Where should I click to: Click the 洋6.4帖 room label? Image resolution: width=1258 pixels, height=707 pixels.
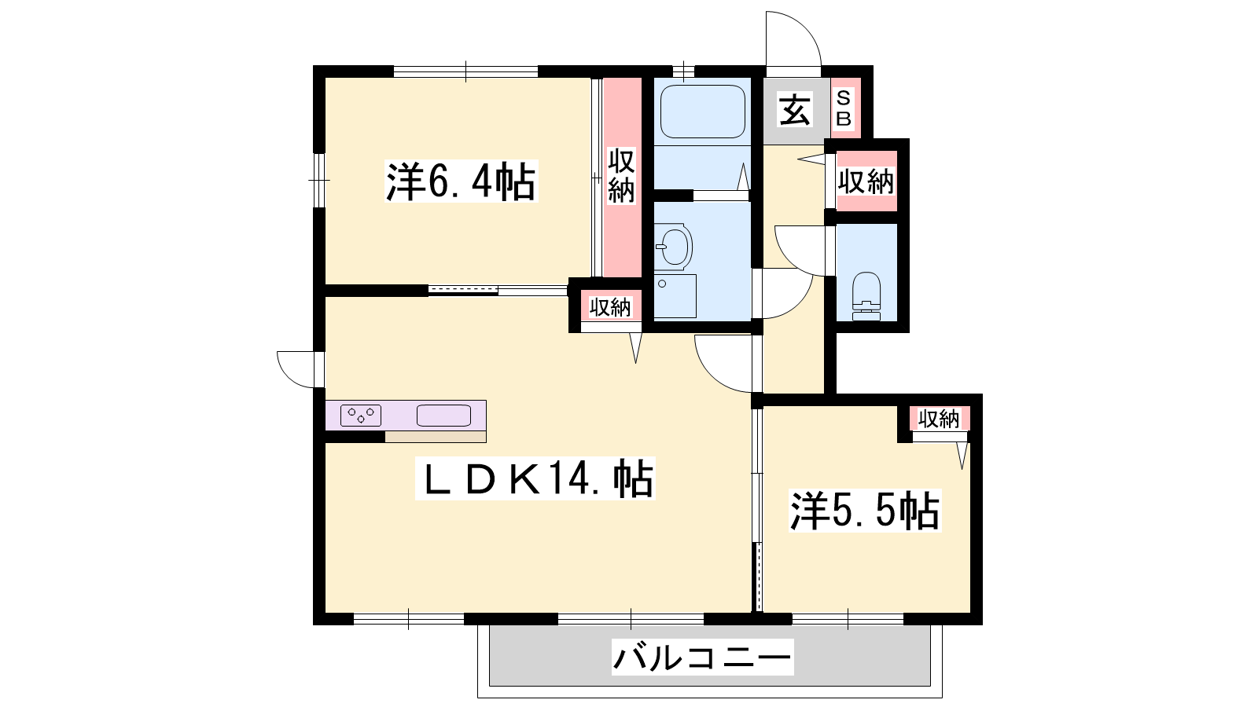point(461,181)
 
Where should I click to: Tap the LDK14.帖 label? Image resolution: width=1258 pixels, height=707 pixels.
point(535,478)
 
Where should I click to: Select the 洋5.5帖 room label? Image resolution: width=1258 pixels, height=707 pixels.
point(865,511)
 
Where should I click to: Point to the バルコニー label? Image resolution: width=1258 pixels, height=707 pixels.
point(703,657)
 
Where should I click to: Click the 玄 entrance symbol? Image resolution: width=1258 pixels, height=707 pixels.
point(795,111)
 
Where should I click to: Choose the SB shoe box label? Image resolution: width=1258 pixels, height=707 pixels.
point(844,109)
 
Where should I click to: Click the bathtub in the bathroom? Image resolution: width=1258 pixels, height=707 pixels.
point(703,112)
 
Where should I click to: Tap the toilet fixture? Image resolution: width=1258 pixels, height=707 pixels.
point(866,296)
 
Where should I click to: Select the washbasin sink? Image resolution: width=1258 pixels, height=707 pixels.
point(674,246)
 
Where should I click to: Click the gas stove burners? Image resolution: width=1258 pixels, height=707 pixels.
point(361,416)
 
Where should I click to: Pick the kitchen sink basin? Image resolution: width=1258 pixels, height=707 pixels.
point(443,416)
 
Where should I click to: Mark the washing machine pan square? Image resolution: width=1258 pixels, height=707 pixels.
point(675,296)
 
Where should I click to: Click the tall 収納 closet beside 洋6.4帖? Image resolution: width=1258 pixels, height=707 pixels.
point(622,177)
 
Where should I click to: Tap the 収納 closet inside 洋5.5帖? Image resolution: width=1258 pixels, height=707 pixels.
point(939,419)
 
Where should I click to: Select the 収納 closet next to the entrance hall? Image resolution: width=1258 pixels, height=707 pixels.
point(866,181)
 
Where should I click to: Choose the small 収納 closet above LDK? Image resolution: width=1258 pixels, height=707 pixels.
point(610,306)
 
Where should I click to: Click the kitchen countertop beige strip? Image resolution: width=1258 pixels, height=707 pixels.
point(436,437)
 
